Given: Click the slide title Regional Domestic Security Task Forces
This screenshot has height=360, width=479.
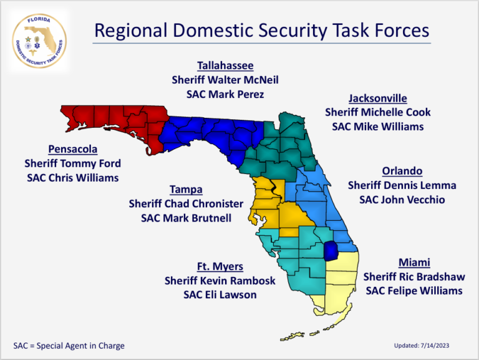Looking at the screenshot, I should [261, 30].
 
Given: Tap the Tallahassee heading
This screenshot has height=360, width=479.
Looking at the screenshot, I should [225, 66].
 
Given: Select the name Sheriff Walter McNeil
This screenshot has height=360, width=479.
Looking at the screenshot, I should [225, 80].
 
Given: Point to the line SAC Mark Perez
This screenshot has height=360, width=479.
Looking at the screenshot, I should [225, 94].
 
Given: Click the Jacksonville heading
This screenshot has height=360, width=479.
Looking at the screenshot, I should [377, 98].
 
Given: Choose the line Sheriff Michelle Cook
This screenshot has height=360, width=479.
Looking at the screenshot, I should [377, 112].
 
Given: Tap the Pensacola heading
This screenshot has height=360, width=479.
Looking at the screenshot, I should [73, 149].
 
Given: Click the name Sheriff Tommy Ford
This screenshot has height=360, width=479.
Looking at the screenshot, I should [73, 163].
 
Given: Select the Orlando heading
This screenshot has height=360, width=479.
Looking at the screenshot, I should [402, 171].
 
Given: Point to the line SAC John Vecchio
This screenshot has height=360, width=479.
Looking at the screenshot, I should [402, 200].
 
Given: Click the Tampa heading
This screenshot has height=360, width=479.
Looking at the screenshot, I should [186, 190].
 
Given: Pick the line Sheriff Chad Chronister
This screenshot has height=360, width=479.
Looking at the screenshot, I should [186, 203].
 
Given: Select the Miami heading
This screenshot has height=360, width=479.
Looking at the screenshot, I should [414, 263].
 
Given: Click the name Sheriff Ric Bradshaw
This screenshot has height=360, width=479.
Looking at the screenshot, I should [414, 277].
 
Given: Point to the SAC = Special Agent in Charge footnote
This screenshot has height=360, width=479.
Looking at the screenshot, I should [69, 346].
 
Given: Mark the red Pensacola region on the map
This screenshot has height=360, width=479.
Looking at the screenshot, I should [112, 122].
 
